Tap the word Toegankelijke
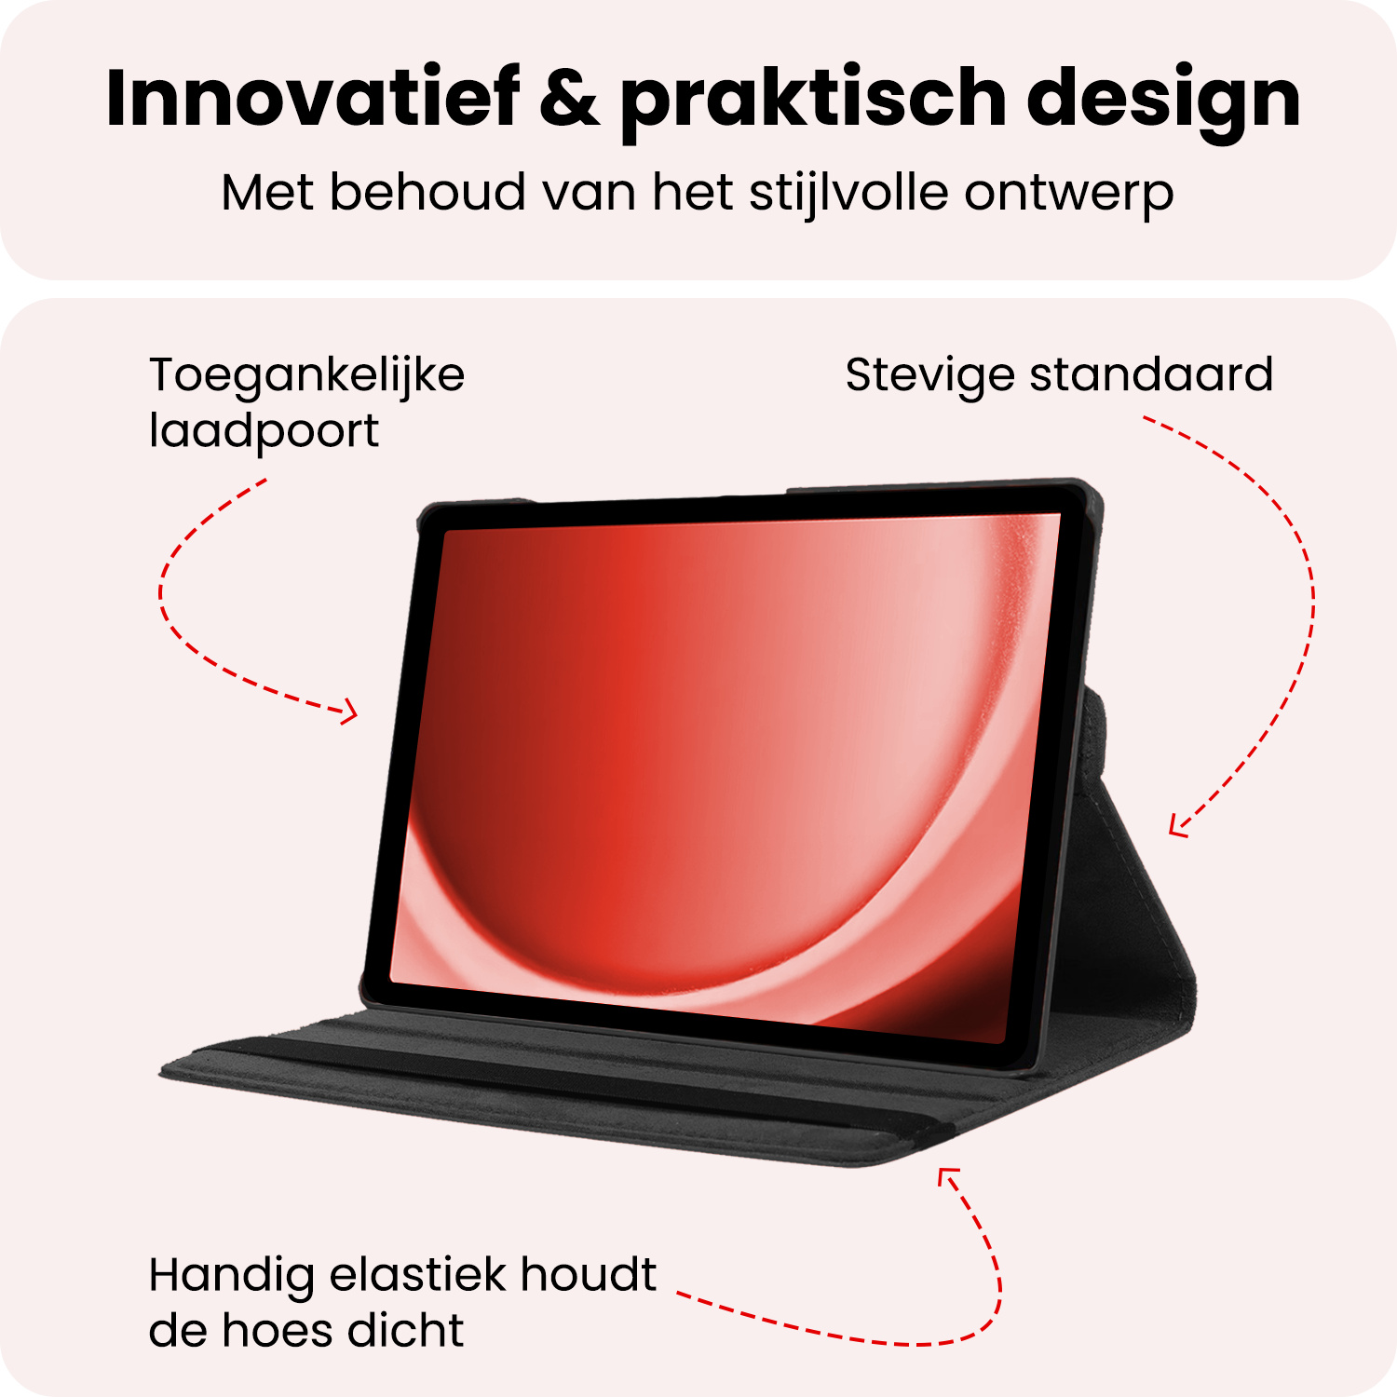pos(306,377)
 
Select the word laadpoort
pos(264,432)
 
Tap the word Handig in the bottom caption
pos(231,1277)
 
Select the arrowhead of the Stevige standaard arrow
pos(1177,827)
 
